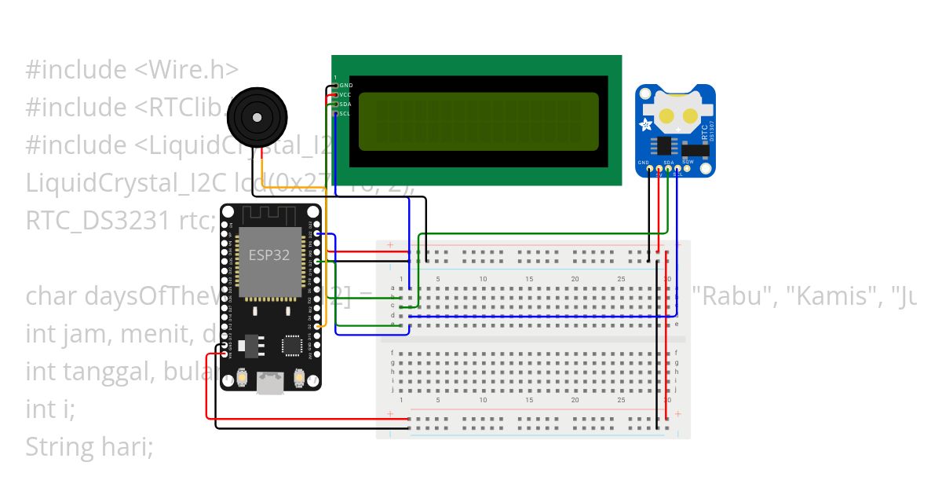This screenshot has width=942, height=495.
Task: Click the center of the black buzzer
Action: tap(255, 116)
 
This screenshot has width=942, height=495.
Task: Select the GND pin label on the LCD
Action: tap(345, 85)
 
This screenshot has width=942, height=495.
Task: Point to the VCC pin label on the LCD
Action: tap(345, 94)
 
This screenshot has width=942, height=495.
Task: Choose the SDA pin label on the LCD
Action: tap(345, 104)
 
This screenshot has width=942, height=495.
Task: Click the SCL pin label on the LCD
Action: tap(345, 113)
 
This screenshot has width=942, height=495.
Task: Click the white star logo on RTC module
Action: tap(646, 125)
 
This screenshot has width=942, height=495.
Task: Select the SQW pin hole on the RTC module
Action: tap(687, 168)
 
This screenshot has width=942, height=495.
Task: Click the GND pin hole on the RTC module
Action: tap(648, 168)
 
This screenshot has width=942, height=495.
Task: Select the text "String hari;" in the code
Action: tap(89, 447)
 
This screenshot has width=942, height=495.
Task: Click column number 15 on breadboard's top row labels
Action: tap(530, 280)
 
